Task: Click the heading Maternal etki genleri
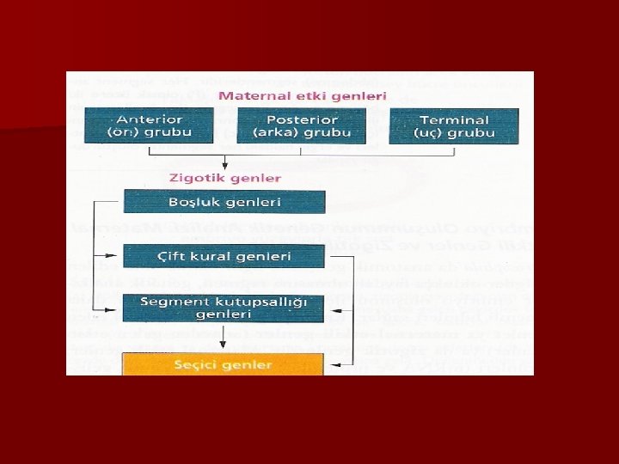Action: tap(302, 95)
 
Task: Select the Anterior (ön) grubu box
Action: tap(150, 125)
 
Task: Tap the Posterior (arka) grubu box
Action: tap(302, 125)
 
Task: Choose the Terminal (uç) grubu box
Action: tap(454, 125)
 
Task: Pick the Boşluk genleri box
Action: tap(224, 201)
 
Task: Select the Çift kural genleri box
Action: tap(224, 256)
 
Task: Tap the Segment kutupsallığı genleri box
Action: tap(224, 308)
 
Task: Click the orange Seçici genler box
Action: tap(224, 364)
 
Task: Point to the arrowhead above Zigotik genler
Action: tap(224, 166)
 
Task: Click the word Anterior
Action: tap(150, 119)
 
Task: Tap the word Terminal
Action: tap(454, 119)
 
